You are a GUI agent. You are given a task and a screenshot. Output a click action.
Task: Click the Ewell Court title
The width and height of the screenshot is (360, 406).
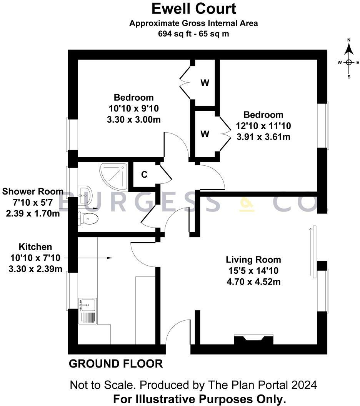193,8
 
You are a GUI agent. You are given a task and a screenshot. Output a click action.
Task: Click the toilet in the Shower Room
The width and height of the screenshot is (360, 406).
88,219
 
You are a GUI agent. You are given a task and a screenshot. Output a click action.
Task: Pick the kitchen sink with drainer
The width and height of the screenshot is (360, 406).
87,311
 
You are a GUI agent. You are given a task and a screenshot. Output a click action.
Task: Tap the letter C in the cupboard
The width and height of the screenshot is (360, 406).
144,175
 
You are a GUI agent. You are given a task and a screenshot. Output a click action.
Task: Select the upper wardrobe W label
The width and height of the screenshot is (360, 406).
205,83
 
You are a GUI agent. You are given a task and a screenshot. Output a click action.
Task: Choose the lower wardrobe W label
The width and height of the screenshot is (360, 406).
205,134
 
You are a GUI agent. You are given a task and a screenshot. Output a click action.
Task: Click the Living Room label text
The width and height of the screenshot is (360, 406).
253,260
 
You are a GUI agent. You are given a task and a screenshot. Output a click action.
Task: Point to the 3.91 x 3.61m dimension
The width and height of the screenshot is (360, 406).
263,137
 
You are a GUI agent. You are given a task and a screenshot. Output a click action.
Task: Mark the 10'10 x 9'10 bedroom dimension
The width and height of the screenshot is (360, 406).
133,108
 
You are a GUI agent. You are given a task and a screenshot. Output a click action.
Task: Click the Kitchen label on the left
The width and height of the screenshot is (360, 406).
35,247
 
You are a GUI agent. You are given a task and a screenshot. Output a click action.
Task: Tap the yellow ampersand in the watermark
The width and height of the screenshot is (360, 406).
247,203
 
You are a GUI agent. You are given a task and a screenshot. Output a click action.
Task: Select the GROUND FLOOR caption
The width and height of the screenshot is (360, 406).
115,364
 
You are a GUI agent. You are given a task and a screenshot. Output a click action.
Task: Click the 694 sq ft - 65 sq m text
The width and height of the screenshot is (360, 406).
193,33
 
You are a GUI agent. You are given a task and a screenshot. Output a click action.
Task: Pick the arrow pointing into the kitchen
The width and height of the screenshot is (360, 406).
109,258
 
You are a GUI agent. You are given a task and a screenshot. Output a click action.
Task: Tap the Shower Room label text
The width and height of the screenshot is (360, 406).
33,191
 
